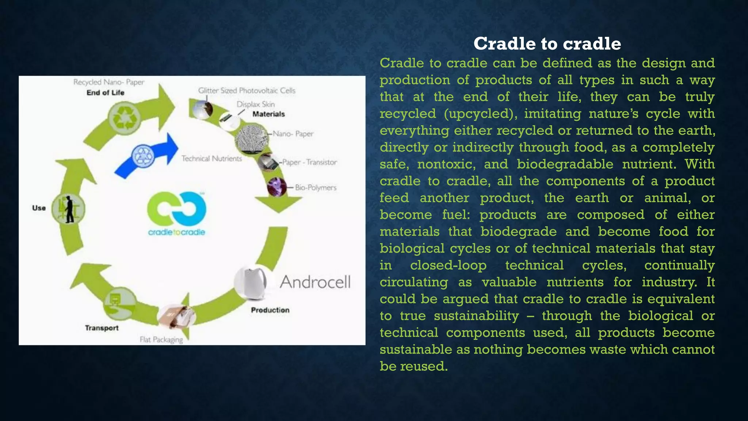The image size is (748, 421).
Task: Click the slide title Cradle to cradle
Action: [547, 44]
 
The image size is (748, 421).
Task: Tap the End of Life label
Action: [105, 93]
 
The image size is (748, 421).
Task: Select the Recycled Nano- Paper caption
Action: [108, 82]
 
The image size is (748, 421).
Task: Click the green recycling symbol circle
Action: [124, 118]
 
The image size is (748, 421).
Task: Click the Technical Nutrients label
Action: [211, 159]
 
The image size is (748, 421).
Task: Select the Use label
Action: [39, 208]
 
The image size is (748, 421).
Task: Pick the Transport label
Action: [102, 328]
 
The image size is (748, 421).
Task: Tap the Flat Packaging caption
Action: [161, 340]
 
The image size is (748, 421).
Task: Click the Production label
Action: [270, 310]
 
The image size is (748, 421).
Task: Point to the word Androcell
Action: [315, 282]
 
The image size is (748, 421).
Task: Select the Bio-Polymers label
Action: [316, 187]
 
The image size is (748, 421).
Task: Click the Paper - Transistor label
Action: [309, 162]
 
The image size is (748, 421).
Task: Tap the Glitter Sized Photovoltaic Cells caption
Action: [247, 90]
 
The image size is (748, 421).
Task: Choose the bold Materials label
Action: [268, 114]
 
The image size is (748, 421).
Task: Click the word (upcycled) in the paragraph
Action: [481, 114]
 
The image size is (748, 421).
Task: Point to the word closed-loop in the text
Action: [448, 265]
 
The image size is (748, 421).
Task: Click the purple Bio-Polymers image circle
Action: [276, 187]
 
